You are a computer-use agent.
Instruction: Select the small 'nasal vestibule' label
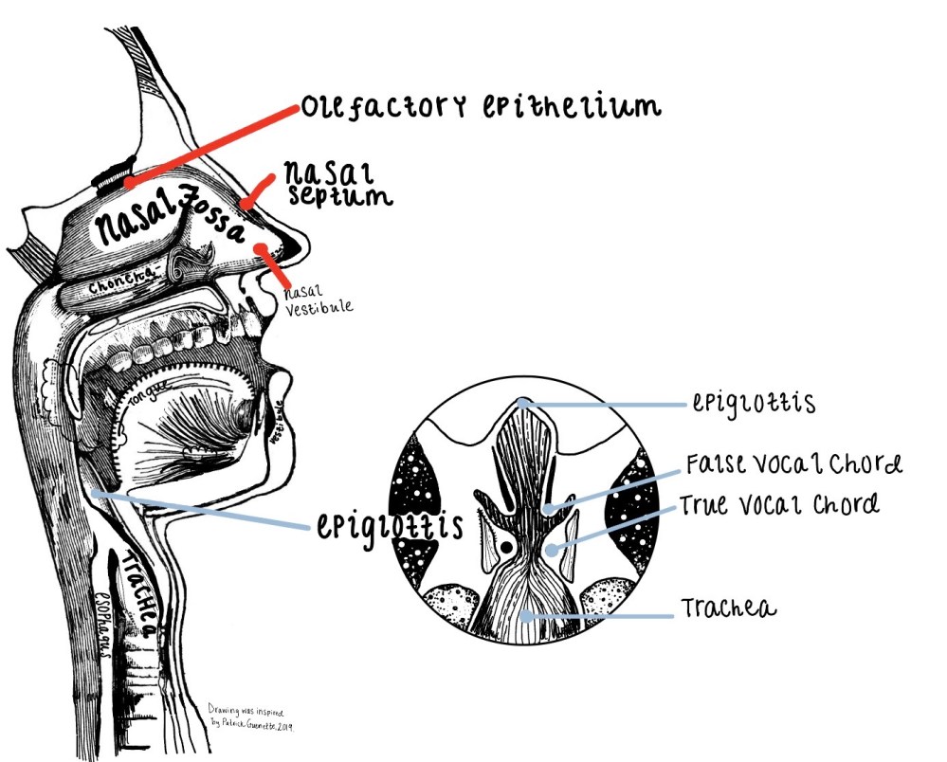(317, 299)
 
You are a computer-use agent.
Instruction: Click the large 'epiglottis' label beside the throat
(389, 525)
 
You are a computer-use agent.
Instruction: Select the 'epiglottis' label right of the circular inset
(754, 404)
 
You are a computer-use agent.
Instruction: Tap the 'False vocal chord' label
(792, 464)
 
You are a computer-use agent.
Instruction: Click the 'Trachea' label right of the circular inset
(728, 608)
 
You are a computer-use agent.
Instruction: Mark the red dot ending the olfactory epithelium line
(129, 181)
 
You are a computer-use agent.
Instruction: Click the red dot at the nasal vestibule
(261, 248)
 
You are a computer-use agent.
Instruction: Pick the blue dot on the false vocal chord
(550, 509)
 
